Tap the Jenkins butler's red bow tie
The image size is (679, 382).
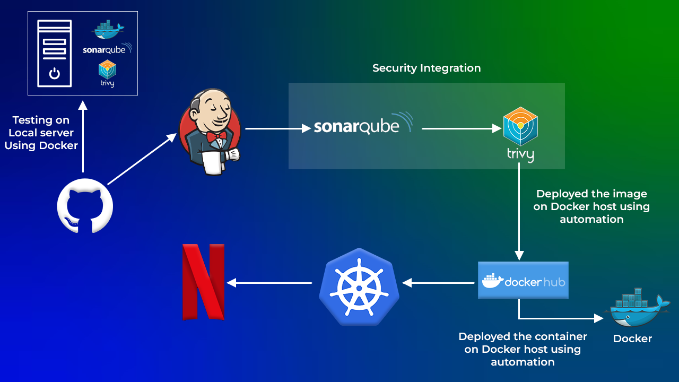click(x=216, y=137)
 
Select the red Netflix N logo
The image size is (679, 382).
click(x=204, y=282)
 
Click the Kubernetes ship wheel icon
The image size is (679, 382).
click(x=359, y=286)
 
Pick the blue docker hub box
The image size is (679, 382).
click(x=523, y=280)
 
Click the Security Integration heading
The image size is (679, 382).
click(x=426, y=68)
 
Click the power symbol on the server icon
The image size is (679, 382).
click(x=54, y=74)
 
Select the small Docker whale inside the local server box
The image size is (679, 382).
click(x=108, y=30)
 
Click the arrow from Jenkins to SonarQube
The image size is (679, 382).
click(x=278, y=128)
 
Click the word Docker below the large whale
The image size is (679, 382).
click(x=632, y=338)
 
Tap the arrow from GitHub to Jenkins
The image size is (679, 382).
click(x=142, y=159)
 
